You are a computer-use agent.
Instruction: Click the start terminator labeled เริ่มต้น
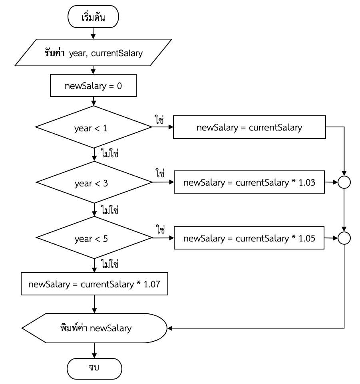pyautogui.click(x=93, y=17)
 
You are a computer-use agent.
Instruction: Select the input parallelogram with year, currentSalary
pyautogui.click(x=93, y=52)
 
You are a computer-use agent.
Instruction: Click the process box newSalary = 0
pyautogui.click(x=93, y=86)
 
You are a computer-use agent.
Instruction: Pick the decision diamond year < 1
pyautogui.click(x=93, y=128)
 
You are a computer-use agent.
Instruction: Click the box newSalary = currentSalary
pyautogui.click(x=250, y=128)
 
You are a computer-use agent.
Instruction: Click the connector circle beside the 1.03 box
pyautogui.click(x=344, y=183)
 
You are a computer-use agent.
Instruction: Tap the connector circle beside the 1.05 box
pyautogui.click(x=344, y=238)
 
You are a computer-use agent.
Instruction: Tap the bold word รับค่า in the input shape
pyautogui.click(x=56, y=52)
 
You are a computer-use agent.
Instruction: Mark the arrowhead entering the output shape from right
pyautogui.click(x=169, y=329)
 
